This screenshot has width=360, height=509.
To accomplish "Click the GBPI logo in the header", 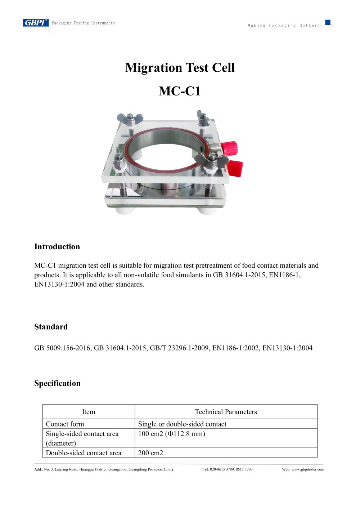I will point(35,23).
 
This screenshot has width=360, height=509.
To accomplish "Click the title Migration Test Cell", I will point(180,68).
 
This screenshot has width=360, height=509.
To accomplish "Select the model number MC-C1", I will point(179,91).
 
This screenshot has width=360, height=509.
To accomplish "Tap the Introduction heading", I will point(57,247).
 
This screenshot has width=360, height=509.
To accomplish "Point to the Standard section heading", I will point(51,327).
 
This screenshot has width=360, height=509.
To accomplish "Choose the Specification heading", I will point(57,383).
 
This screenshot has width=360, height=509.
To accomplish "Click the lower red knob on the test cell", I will point(235,168).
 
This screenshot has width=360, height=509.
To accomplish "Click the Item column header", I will point(89,412).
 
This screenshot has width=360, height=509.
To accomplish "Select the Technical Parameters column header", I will point(226,412).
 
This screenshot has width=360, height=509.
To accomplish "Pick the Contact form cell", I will point(65,424).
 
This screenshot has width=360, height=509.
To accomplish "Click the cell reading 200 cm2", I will point(150,453).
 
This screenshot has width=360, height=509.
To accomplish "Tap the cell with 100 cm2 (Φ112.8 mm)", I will point(171,434).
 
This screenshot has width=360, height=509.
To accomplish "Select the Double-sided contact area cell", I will point(84,453).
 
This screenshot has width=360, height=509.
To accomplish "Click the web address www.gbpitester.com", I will point(307,469).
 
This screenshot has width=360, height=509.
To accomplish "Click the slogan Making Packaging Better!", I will point(283,26).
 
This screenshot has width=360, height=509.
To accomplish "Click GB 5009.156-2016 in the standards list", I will point(62,348).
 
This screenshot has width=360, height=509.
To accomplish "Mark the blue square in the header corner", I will point(328,22).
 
